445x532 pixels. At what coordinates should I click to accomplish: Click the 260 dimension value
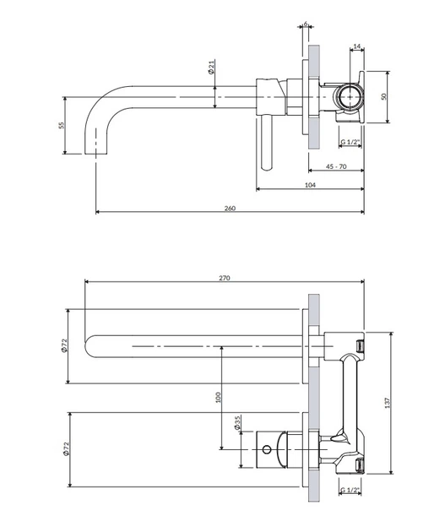click(x=230, y=209)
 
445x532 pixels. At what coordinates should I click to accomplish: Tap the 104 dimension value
click(x=311, y=185)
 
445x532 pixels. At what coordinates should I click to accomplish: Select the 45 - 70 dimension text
click(x=336, y=166)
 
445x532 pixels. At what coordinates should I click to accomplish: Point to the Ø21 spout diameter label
click(x=211, y=68)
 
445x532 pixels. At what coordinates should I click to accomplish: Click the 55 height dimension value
click(x=62, y=125)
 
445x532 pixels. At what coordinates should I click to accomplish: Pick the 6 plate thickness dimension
click(x=306, y=24)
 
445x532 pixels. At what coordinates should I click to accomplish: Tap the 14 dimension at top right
click(x=357, y=46)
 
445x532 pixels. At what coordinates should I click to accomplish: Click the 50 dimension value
click(x=384, y=97)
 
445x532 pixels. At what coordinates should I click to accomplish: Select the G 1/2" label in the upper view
click(x=350, y=142)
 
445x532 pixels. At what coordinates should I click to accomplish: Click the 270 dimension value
click(x=225, y=278)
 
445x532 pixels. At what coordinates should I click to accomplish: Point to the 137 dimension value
click(x=388, y=403)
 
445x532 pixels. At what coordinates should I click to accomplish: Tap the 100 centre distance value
click(x=218, y=397)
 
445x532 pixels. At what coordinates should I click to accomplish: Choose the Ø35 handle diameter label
click(x=237, y=423)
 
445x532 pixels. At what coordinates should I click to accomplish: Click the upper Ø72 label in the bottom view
click(x=65, y=345)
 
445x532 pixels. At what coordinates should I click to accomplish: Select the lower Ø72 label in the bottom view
click(x=66, y=448)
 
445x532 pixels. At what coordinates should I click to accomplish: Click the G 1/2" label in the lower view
click(x=350, y=490)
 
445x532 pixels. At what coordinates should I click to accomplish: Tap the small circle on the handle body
click(x=267, y=450)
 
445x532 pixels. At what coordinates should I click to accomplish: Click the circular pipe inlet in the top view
click(x=350, y=97)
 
